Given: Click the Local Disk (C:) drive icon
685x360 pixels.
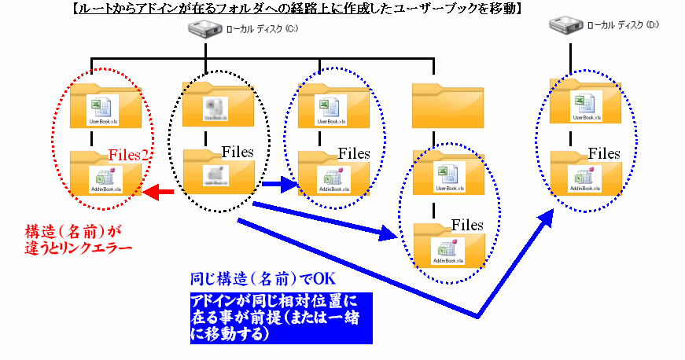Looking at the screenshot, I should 204,30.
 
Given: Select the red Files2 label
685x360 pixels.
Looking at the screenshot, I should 129,154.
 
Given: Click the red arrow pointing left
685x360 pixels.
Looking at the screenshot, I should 159,192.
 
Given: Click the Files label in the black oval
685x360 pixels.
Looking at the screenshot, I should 238,152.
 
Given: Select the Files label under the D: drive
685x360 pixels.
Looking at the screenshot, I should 604,153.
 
